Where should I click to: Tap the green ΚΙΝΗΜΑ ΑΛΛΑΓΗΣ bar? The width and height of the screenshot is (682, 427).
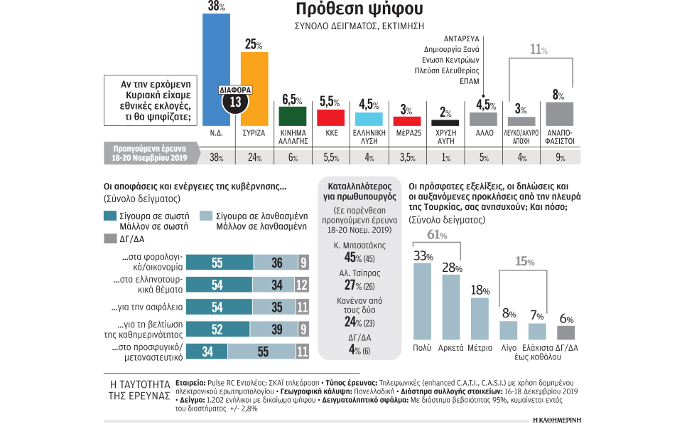pyautogui.click(x=293, y=116)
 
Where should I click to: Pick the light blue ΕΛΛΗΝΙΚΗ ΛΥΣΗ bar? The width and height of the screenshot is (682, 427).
pyautogui.click(x=369, y=120)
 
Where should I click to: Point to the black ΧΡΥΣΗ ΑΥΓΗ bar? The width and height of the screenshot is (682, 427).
pyautogui.click(x=445, y=122)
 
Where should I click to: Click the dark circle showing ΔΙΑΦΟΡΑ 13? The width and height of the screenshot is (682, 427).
pyautogui.click(x=235, y=100)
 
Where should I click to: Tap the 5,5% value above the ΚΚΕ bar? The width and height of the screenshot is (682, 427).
pyautogui.click(x=331, y=102)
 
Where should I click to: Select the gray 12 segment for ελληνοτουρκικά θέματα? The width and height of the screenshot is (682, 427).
pyautogui.click(x=302, y=284)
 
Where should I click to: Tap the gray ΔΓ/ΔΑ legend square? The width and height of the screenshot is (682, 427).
pyautogui.click(x=110, y=238)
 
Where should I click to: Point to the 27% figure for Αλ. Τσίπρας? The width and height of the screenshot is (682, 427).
pyautogui.click(x=350, y=284)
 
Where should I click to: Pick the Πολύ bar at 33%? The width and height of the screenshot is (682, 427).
pyautogui.click(x=423, y=300)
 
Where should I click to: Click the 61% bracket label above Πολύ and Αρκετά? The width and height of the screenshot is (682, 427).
pyautogui.click(x=436, y=235)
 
